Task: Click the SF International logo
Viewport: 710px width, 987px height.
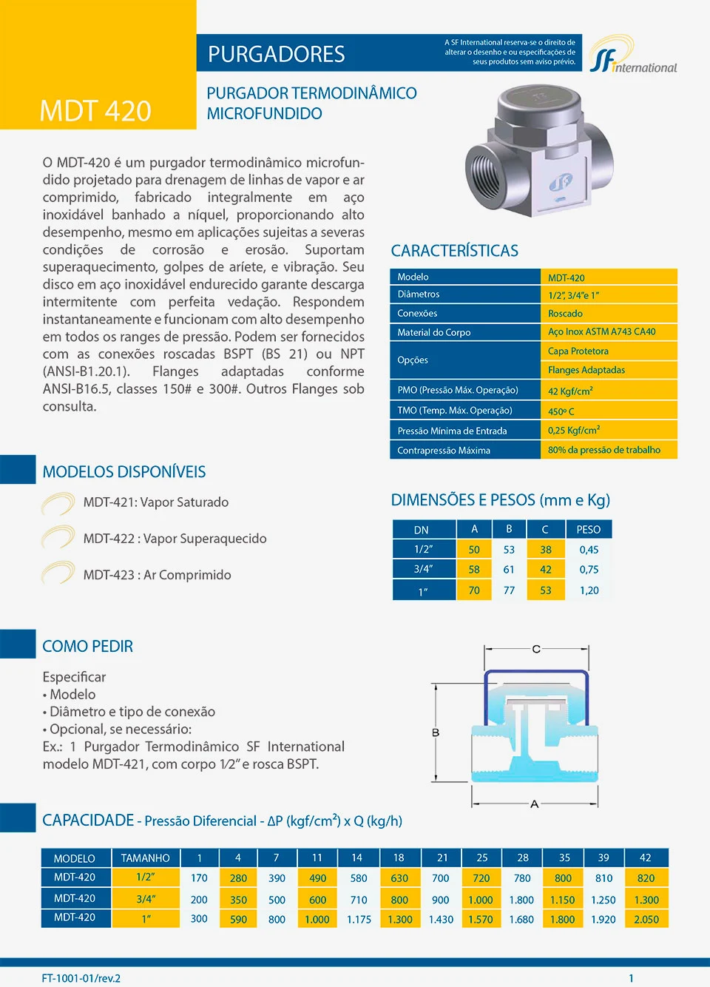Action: [632, 56]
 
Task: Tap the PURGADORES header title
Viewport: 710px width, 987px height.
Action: [276, 54]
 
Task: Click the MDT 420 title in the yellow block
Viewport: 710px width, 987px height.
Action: [95, 111]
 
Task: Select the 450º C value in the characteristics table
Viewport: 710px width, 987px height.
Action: [561, 411]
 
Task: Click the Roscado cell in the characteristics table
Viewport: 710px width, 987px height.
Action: [565, 314]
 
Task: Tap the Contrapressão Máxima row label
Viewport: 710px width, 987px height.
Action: [444, 451]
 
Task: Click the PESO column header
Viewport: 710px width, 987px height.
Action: [589, 530]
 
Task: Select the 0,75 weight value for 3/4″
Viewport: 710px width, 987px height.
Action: [589, 570]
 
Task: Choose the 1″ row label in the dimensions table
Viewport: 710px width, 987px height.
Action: [423, 591]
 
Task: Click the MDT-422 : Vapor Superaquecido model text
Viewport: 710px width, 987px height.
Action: [175, 539]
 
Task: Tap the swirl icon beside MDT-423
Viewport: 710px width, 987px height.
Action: [58, 574]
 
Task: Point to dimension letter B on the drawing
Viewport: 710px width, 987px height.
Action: [436, 732]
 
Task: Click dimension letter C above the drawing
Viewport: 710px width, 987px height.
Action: [536, 649]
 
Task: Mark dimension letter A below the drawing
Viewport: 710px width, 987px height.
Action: [535, 804]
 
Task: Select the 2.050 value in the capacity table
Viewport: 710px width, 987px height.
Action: [646, 920]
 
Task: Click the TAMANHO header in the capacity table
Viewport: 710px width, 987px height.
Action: [145, 858]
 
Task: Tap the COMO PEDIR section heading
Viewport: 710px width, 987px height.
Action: [88, 647]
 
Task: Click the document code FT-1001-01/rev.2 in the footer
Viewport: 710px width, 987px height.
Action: [81, 978]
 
